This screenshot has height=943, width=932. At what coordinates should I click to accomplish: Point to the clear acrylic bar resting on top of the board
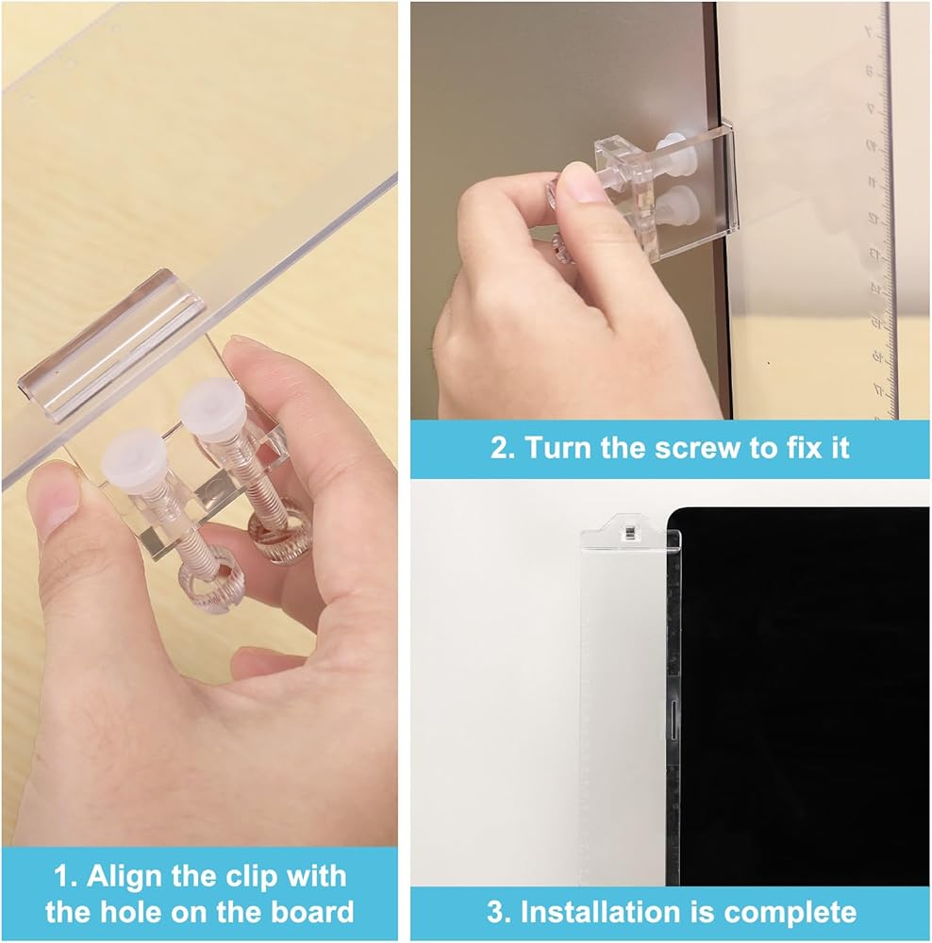pos(111,346)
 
